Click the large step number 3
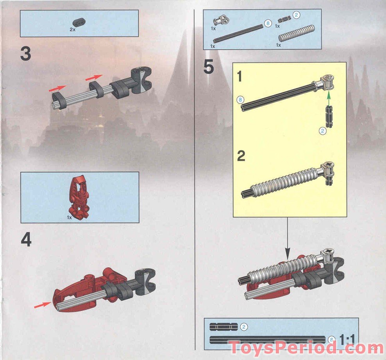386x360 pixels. (25, 54)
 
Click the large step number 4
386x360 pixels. (26, 240)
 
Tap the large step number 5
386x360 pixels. (209, 67)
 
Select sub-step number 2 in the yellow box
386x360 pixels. (241, 157)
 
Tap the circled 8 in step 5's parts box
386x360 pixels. (268, 23)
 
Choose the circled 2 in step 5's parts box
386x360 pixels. (297, 15)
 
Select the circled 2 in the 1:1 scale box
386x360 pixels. (244, 327)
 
